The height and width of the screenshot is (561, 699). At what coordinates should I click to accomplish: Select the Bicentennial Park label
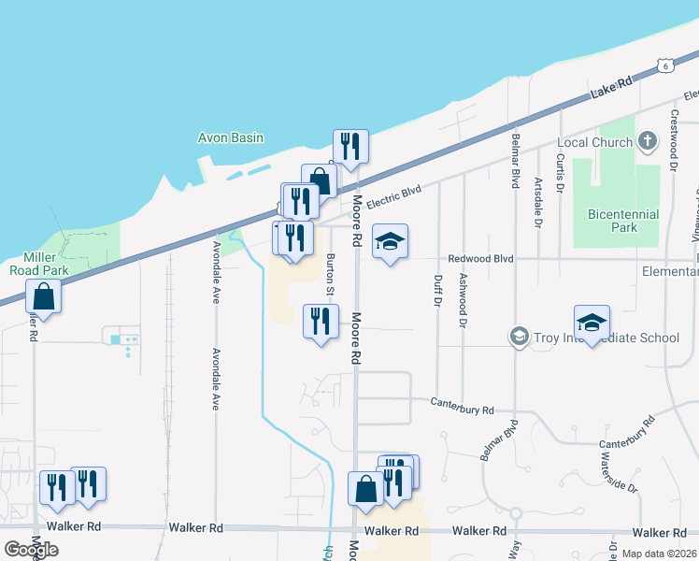coord(623,221)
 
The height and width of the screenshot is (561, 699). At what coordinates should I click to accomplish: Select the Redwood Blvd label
coord(481,258)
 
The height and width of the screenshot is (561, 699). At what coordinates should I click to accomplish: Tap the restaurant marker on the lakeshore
coord(350,146)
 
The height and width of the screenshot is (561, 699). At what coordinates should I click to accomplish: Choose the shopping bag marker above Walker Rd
coord(364,488)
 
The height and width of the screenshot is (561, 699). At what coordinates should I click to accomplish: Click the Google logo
coord(31,549)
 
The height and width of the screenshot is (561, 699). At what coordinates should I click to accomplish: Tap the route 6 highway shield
coord(663,65)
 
